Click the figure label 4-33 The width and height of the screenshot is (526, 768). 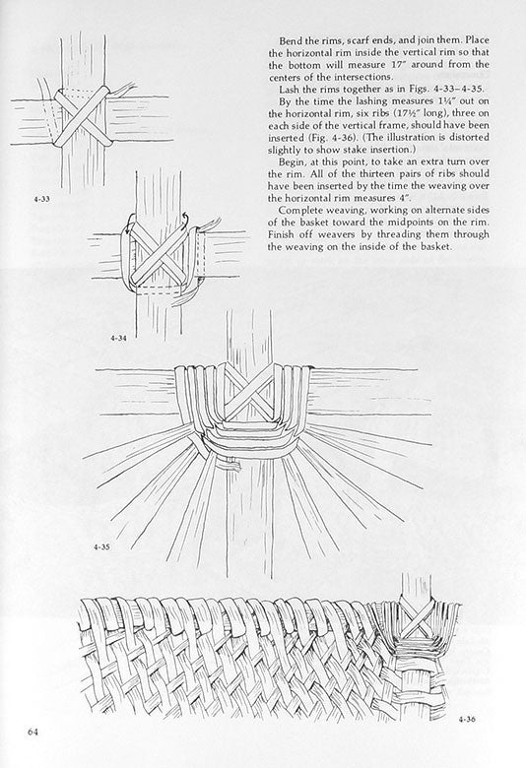41,199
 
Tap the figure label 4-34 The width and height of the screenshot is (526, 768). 118,338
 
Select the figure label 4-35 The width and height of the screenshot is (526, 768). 101,547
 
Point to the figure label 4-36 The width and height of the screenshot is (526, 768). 467,720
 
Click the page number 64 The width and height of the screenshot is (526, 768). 33,733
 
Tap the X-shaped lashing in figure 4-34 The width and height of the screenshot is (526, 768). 159,253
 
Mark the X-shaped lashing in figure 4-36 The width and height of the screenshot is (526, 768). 417,619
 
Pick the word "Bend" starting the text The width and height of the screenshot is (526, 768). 290,40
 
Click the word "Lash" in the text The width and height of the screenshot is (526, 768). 289,90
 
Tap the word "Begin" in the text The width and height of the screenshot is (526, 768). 292,162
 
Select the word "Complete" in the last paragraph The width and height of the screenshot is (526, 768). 298,211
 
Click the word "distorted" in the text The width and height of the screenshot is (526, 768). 469,138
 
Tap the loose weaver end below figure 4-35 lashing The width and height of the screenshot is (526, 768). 230,464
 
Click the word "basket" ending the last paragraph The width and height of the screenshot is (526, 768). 435,247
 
